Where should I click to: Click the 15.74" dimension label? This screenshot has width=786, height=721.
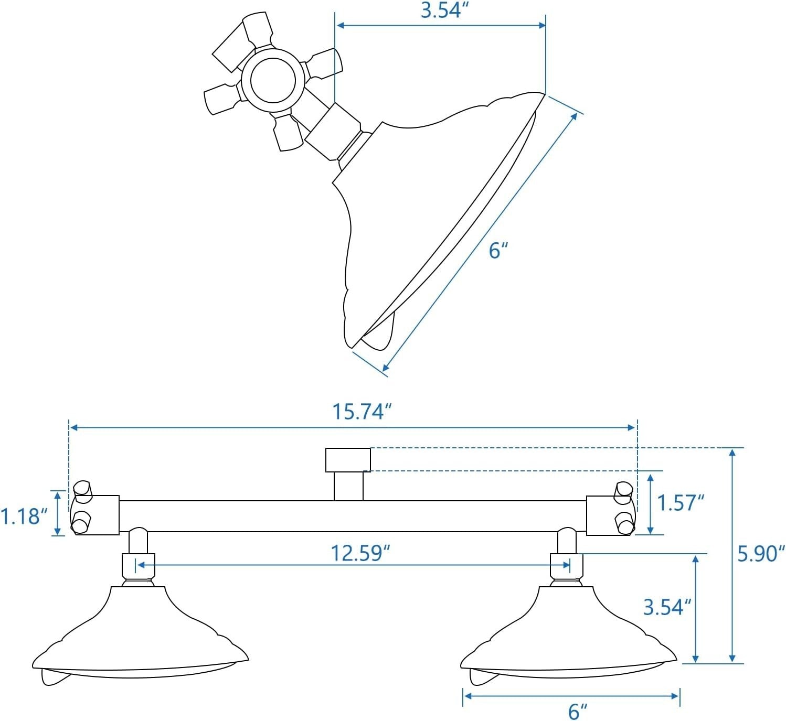click(362, 412)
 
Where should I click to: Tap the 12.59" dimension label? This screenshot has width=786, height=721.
click(361, 553)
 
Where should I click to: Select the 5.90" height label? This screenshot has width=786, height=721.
click(761, 554)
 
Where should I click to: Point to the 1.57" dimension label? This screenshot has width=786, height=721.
click(680, 503)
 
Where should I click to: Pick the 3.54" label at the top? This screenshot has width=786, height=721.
click(444, 11)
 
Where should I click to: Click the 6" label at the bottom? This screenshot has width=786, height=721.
click(577, 712)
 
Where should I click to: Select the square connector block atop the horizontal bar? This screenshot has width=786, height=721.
click(348, 460)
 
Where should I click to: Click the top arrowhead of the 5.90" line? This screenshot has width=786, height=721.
click(732, 453)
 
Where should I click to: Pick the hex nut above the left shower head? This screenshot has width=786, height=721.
click(139, 565)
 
